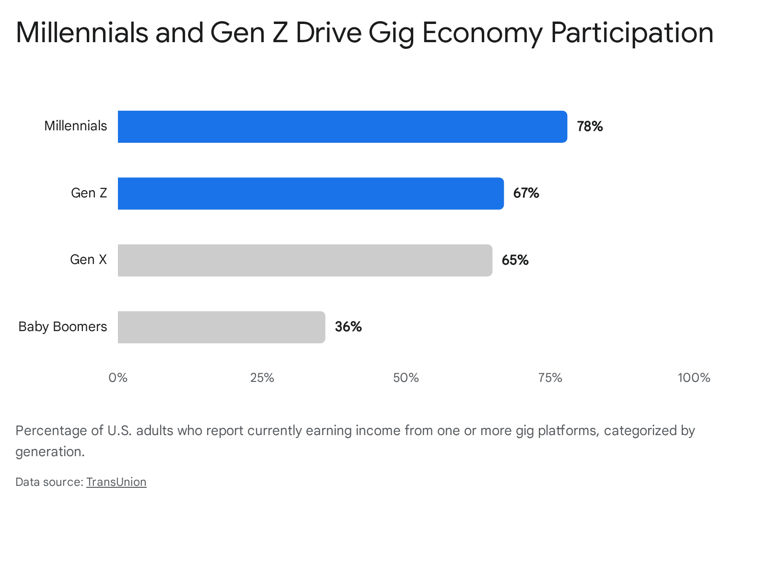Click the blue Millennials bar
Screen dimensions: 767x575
tap(342, 126)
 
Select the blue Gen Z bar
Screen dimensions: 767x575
tap(311, 194)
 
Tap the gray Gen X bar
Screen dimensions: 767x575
tap(305, 261)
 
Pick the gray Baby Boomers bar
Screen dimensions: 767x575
tap(221, 327)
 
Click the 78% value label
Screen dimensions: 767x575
tap(590, 126)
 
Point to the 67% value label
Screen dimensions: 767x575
tap(526, 193)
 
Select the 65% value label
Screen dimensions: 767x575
tap(515, 260)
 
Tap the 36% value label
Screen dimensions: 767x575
tap(348, 327)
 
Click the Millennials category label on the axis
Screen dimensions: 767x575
tap(75, 126)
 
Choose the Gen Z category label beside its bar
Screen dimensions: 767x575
tap(89, 193)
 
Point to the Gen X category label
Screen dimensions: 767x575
tap(88, 260)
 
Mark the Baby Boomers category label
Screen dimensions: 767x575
tap(62, 327)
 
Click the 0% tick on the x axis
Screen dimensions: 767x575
tap(118, 378)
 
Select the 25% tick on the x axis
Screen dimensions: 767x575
tap(262, 378)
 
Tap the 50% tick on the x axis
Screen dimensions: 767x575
tap(406, 378)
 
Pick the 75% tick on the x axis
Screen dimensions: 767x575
tap(550, 378)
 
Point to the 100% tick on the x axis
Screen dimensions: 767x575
tap(694, 378)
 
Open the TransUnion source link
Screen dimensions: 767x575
tap(116, 482)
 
